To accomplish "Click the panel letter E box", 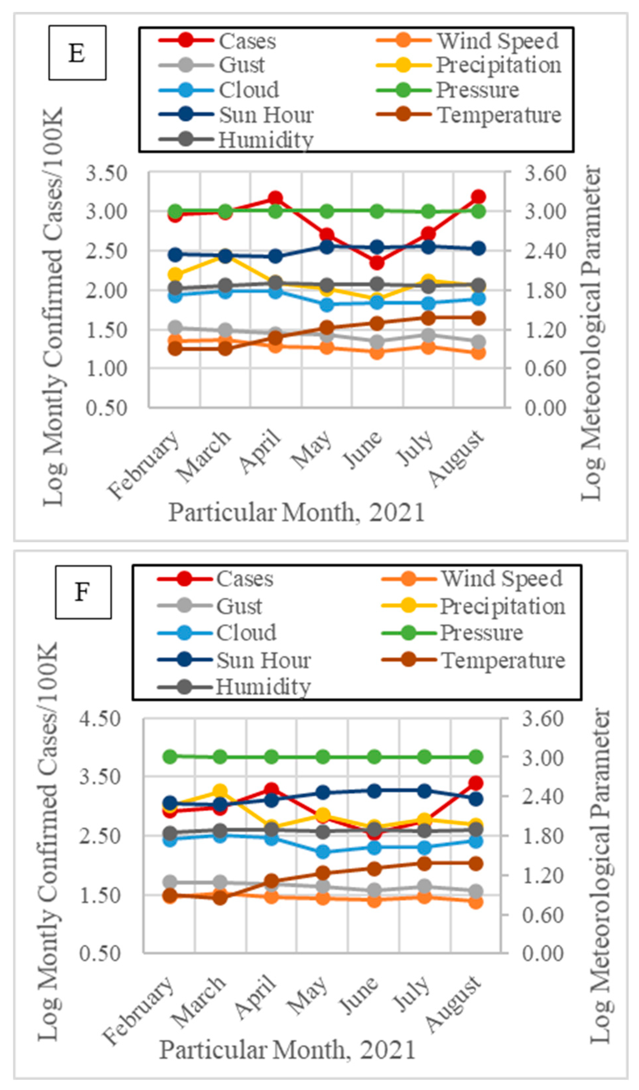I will tap(77, 53).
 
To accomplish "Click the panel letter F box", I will tap(83, 592).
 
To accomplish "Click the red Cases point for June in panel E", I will tap(377, 262).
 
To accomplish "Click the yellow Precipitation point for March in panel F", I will tap(220, 791).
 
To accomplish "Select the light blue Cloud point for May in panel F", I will tap(323, 852).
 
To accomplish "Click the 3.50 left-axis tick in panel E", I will tap(106, 174).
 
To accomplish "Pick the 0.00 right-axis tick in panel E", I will tap(545, 408).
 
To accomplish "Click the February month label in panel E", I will tap(145, 465).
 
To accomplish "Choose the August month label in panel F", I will tap(454, 1004).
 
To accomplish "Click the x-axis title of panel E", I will tap(296, 513).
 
